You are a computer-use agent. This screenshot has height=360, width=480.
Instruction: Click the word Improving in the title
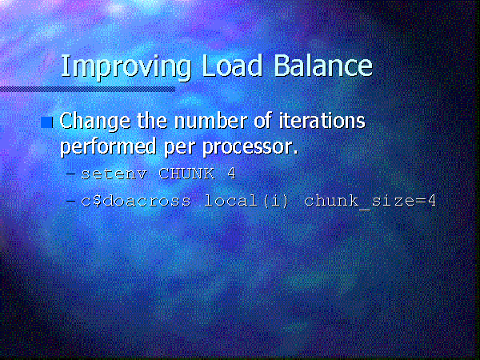point(126,67)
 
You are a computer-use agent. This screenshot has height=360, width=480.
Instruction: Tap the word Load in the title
point(232,66)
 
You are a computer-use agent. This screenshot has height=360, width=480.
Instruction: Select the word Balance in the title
point(323,66)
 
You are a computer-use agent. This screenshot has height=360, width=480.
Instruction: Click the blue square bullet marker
point(46,122)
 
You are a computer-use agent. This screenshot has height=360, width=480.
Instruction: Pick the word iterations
point(322,120)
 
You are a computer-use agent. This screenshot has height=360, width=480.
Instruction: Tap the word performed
point(108,148)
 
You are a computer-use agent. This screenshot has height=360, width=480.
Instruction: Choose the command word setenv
point(114,174)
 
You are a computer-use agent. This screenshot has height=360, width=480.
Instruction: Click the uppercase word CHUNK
point(186,174)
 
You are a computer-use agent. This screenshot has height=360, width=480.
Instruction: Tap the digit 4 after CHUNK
point(231,174)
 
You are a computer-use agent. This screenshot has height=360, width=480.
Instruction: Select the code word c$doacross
point(136,201)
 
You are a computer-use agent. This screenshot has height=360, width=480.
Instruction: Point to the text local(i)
point(246,201)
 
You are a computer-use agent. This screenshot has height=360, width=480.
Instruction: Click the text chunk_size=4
point(370,202)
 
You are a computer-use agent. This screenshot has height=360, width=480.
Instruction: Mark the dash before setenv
point(70,174)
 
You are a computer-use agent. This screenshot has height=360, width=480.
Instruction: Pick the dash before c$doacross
point(70,201)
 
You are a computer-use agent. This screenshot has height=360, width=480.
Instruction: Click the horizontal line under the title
point(87,90)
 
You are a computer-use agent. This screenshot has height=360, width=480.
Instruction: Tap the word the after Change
point(153,120)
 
